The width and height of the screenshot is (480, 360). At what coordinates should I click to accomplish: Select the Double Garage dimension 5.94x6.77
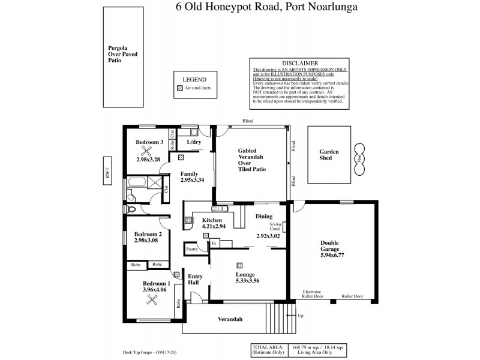(x=332, y=255)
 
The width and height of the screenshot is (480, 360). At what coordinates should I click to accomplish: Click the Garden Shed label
(x=329, y=155)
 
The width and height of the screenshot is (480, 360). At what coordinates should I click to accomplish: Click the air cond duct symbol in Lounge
(x=239, y=265)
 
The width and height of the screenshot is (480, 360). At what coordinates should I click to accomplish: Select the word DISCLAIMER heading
(x=299, y=63)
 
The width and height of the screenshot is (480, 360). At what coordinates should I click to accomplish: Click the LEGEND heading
(x=194, y=79)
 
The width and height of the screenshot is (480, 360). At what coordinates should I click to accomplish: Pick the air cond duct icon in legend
(x=179, y=88)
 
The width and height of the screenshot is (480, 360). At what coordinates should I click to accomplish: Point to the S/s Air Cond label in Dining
(x=275, y=227)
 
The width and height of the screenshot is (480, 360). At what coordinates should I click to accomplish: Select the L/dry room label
(x=194, y=142)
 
